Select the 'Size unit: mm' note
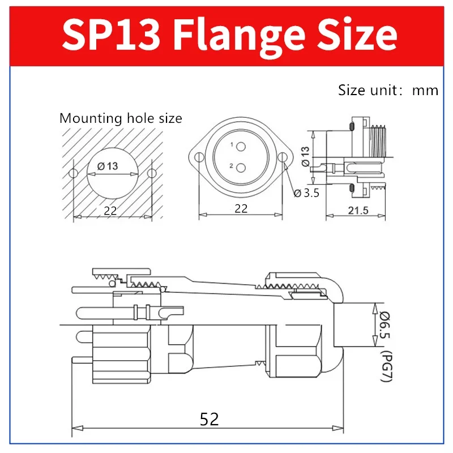[388, 90]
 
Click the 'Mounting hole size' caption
[121, 118]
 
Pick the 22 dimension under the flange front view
[241, 208]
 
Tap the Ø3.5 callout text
[307, 193]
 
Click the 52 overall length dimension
[209, 419]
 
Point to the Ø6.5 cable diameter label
[384, 326]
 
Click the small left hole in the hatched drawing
[72, 173]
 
